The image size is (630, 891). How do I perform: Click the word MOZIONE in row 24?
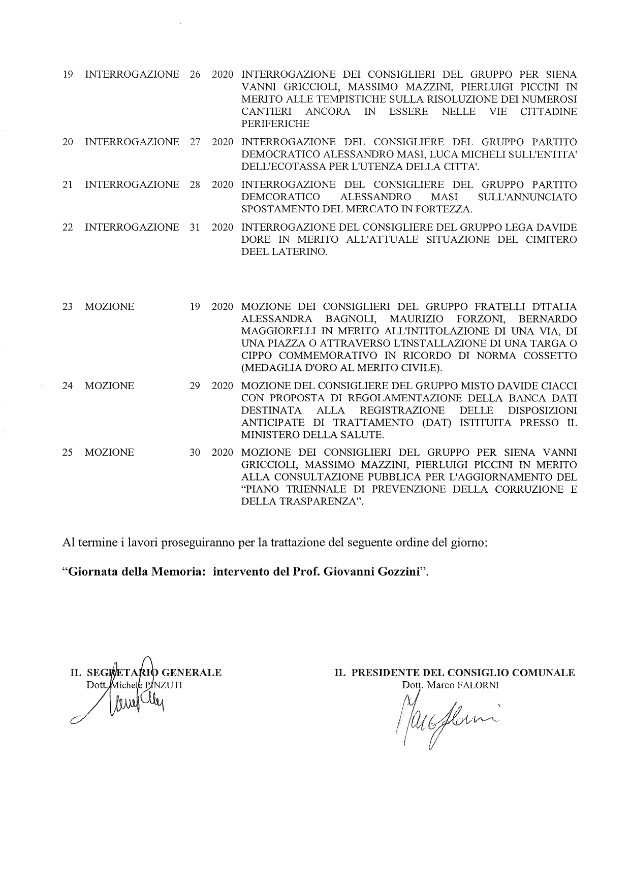(110, 386)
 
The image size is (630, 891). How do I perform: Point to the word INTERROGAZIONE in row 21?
(132, 184)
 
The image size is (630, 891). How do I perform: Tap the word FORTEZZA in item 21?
(449, 209)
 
